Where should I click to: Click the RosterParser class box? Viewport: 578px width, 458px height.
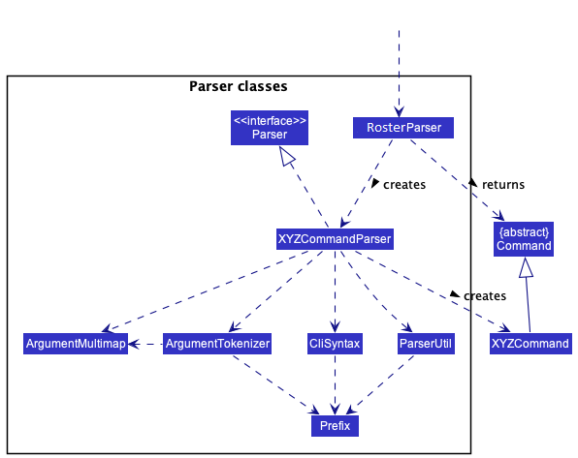[x=403, y=128]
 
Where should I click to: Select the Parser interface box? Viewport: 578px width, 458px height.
[x=270, y=128]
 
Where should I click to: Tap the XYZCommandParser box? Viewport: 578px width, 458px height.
[x=335, y=239]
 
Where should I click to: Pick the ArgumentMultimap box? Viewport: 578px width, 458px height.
[x=76, y=344]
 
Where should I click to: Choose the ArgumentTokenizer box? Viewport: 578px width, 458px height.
[x=217, y=344]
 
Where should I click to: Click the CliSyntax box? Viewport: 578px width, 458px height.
[x=335, y=344]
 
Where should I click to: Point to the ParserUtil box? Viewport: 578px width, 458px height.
[x=426, y=344]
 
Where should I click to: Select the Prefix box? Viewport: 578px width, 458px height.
[x=335, y=426]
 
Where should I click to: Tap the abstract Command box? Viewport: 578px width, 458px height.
[x=524, y=239]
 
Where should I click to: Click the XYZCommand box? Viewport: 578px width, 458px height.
[x=530, y=344]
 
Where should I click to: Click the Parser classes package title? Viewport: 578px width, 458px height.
[x=239, y=86]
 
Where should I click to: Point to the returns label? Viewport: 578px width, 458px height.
[x=503, y=184]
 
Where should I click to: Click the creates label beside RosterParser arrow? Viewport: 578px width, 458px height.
[x=404, y=184]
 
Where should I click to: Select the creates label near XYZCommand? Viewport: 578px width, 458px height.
[x=485, y=296]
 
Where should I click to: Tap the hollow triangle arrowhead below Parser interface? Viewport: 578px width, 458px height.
[x=287, y=156]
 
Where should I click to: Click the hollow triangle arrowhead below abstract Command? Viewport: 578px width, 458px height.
[x=526, y=267]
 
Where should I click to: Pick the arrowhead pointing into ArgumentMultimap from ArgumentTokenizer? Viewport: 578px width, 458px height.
[x=134, y=344]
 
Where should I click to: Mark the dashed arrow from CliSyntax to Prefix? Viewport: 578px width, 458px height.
[x=335, y=384]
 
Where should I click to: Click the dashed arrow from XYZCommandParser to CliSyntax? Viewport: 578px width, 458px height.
[x=335, y=291]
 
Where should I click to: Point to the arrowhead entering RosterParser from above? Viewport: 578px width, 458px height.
[x=399, y=112]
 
